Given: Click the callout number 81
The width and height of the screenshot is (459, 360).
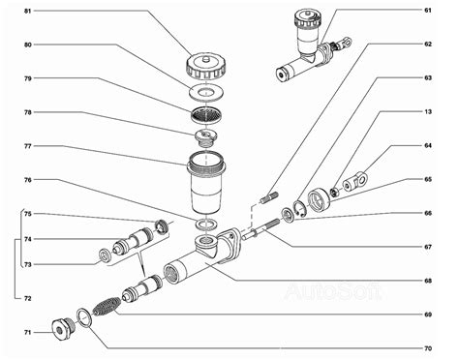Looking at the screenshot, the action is (28, 11).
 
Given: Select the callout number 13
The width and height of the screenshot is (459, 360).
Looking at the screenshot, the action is (428, 112).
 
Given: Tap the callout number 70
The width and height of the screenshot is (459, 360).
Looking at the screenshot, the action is (428, 348).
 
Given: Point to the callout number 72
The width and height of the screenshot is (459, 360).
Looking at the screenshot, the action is (28, 299).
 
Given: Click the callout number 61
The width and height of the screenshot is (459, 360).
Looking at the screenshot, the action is (428, 11).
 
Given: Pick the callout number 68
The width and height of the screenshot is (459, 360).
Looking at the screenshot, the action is (428, 281).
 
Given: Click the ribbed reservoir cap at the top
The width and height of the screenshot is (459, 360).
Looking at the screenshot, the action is (206, 68).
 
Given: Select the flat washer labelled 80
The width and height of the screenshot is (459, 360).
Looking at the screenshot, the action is (206, 91).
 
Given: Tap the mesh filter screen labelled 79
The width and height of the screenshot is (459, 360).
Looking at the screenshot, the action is (206, 114).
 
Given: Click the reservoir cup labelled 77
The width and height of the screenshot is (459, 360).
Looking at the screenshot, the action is (205, 182).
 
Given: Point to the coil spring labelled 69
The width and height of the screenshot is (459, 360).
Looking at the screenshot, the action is (107, 306).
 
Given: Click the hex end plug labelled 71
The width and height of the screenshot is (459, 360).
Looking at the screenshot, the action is (64, 328).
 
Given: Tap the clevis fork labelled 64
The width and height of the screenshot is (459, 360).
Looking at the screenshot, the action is (355, 181).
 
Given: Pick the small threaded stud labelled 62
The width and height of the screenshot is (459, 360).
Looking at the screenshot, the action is (268, 197).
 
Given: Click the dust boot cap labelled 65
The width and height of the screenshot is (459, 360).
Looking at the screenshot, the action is (319, 199).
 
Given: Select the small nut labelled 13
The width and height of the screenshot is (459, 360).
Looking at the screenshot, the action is (334, 192).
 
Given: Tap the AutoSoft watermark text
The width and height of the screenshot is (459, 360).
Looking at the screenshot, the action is (332, 291).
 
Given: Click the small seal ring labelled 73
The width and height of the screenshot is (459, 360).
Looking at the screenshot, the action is (105, 255).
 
